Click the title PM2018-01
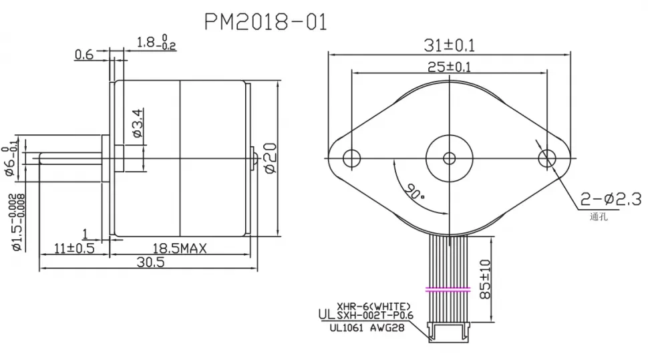click(265, 22)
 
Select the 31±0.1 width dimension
click(449, 45)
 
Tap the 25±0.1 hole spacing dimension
click(449, 66)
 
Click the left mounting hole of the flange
click(351, 158)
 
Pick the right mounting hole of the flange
click(547, 158)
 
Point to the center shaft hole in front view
click(449, 158)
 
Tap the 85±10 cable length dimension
click(486, 279)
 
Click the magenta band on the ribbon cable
click(449, 290)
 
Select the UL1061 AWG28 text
click(365, 328)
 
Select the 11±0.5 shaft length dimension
click(74, 248)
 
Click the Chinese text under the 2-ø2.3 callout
click(598, 216)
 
